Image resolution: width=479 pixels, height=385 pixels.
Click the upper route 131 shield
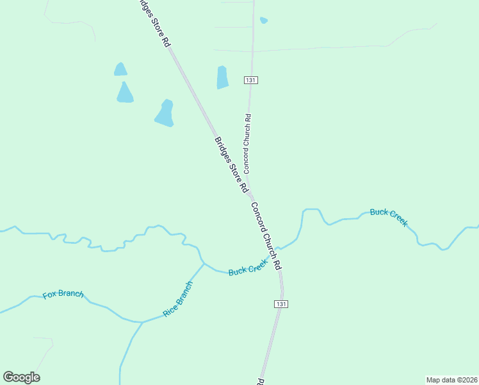250,80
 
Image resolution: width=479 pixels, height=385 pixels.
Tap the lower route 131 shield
280,304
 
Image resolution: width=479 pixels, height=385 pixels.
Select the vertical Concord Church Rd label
247,144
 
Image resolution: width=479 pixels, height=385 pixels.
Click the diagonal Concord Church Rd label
266,235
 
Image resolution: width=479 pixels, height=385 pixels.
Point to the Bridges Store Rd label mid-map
231,165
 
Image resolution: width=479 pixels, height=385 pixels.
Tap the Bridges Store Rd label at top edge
155,23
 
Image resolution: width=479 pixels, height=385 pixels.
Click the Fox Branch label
63,295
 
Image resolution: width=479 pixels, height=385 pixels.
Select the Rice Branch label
177,299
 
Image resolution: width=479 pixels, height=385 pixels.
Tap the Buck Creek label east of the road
389,217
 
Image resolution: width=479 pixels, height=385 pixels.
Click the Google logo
22,377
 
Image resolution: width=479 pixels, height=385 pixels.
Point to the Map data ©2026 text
451,379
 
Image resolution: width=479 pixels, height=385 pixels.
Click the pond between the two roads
222,78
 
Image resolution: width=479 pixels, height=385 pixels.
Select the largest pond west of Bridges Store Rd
165,114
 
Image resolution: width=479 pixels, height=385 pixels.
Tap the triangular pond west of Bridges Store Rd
125,92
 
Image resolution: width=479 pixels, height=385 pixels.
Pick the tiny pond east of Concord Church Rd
264,21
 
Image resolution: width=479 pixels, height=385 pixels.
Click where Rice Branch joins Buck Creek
204,263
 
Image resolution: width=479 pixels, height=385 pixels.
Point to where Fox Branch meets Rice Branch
142,322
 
